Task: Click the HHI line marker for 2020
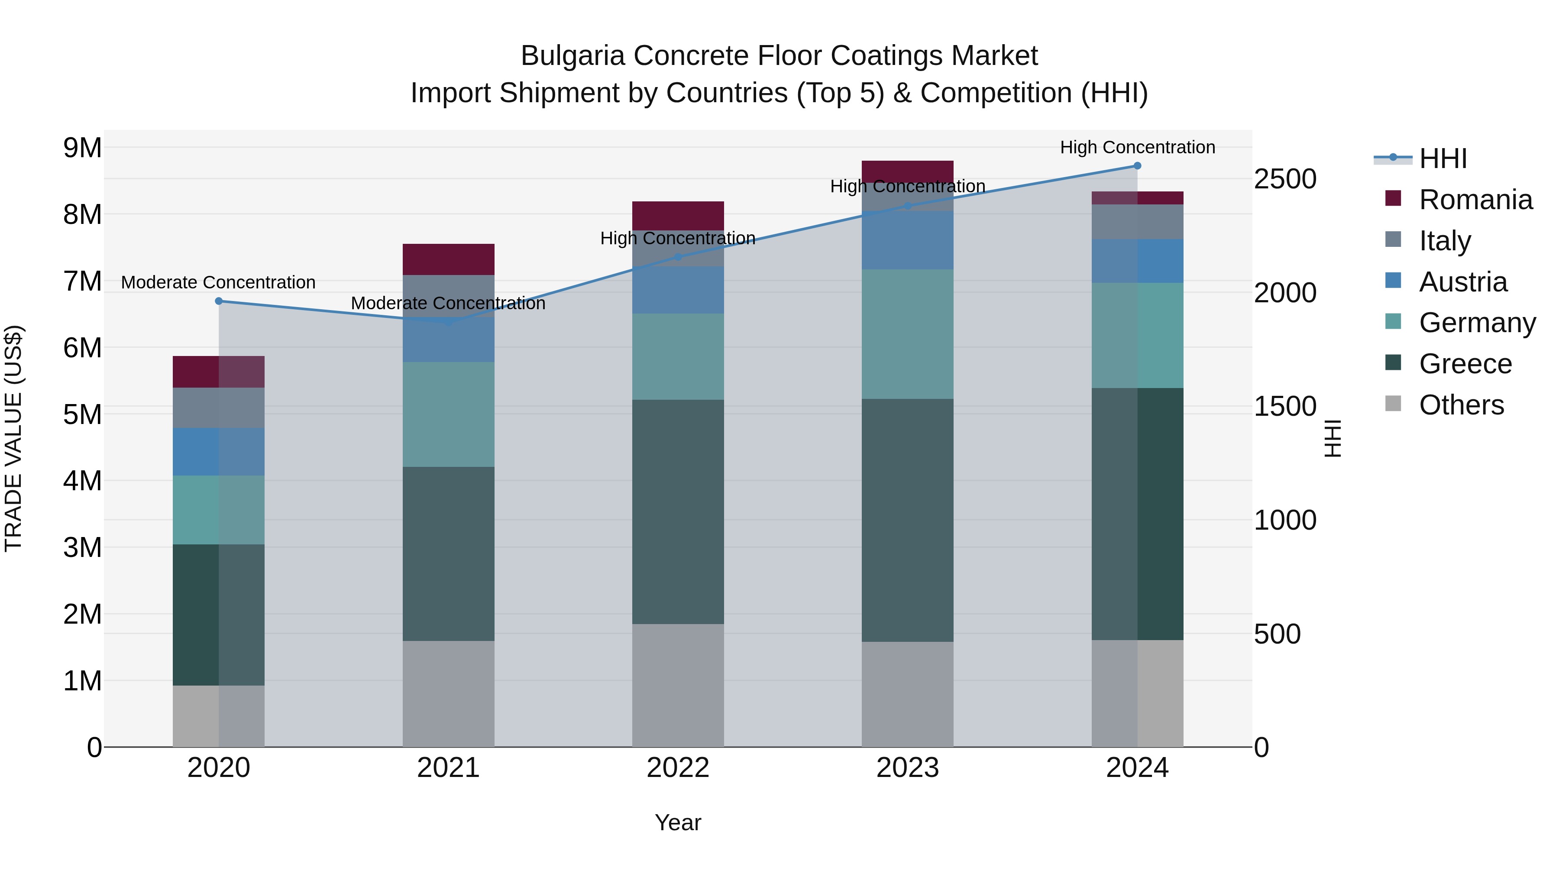pos(219,301)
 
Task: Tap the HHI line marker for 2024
pos(1137,166)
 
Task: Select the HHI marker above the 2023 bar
pos(907,206)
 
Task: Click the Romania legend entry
pos(1475,200)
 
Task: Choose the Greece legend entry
pos(1465,364)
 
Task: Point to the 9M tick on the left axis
pos(82,148)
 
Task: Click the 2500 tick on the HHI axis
pos(1285,179)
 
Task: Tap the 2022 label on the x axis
pos(678,768)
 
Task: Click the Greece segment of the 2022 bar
pos(678,511)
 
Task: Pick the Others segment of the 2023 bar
pos(907,694)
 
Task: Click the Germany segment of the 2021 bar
pos(449,414)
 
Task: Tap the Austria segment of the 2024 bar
pos(1137,261)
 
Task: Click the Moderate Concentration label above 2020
pos(219,283)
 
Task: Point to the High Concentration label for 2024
pos(1137,147)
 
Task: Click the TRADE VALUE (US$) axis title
pos(13,438)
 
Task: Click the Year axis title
pos(678,822)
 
